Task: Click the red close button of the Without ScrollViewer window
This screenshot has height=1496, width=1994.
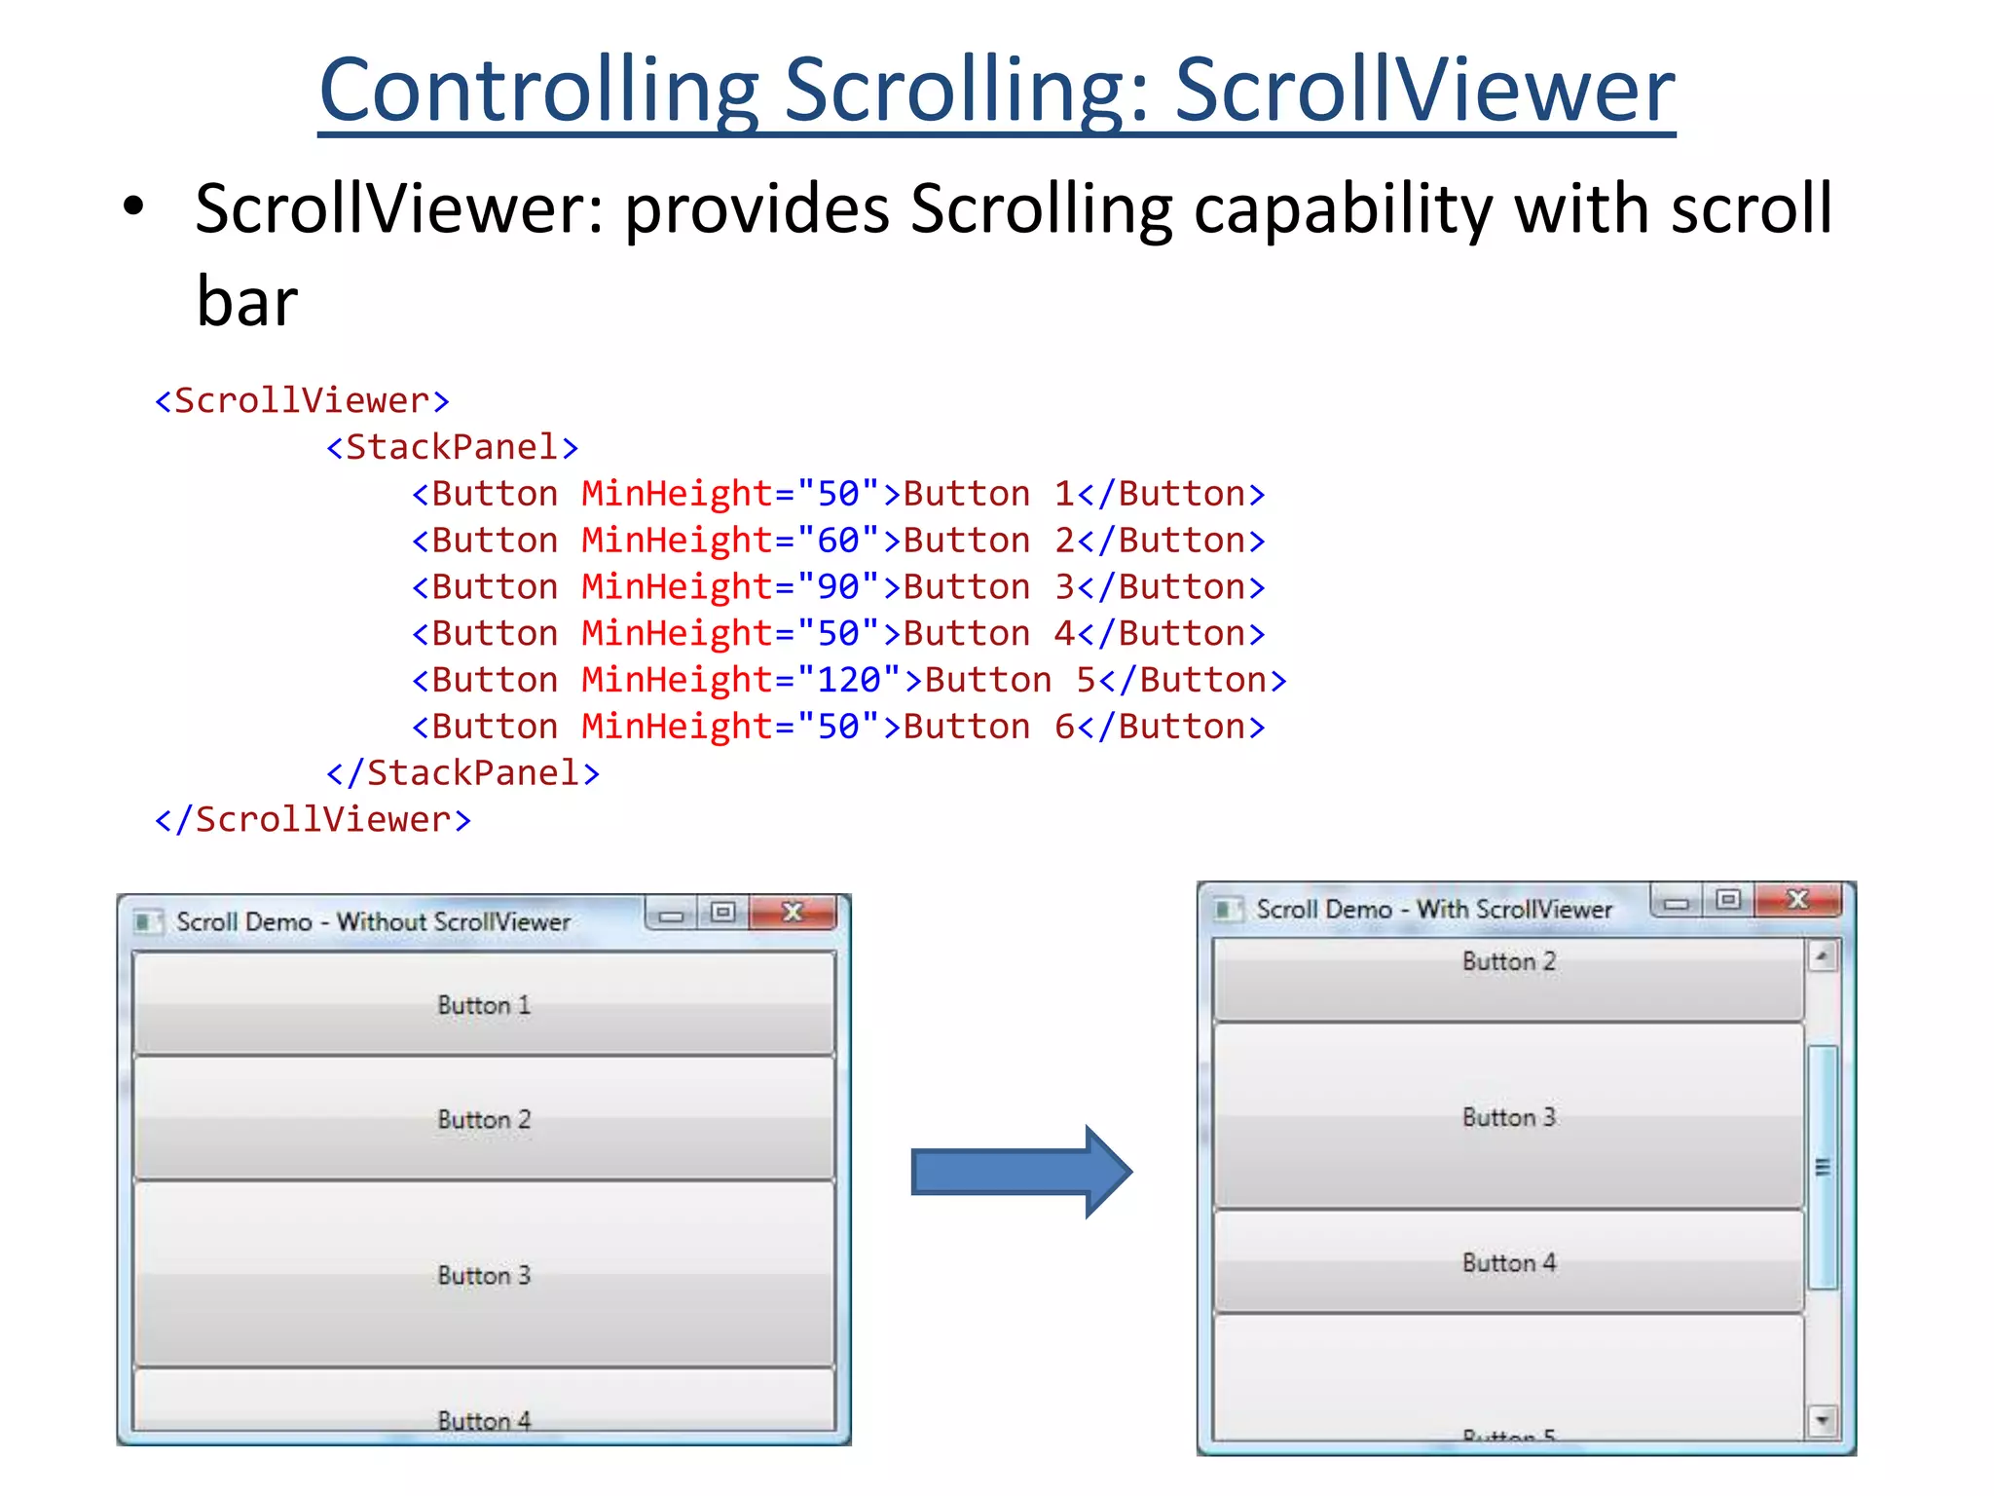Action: pos(794,913)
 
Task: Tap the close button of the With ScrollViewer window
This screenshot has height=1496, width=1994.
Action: pos(1797,899)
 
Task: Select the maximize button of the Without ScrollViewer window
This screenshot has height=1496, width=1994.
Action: pos(722,913)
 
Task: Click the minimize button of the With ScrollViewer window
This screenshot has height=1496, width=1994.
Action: pos(1677,902)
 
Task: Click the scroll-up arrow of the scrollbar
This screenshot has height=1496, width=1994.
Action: pos(1822,956)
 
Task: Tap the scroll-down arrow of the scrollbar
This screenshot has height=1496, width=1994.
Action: pos(1822,1421)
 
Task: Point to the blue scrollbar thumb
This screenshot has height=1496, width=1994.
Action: pos(1823,1167)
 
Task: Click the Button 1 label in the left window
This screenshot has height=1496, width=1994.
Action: pos(484,1005)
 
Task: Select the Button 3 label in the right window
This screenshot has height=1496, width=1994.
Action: pos(1509,1117)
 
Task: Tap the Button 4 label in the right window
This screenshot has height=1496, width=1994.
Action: pos(1509,1263)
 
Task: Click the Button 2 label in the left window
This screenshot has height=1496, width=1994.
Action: pos(484,1120)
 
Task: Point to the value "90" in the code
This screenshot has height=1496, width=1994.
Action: pos(838,587)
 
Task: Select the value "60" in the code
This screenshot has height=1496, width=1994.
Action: pos(838,541)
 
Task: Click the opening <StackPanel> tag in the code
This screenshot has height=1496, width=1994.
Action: pos(453,447)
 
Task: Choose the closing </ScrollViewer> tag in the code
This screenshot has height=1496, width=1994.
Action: pos(314,820)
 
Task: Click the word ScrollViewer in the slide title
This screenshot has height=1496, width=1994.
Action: pos(1425,90)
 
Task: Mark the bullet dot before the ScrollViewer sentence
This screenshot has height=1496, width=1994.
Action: pos(133,206)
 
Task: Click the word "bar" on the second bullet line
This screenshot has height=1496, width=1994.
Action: pos(247,302)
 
